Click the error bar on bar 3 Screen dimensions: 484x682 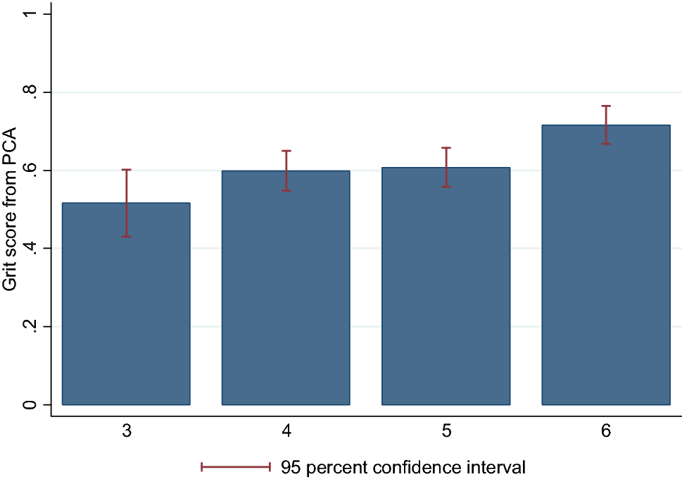click(x=127, y=202)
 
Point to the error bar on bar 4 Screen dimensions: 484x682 click(x=286, y=170)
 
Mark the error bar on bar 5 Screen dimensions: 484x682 click(x=446, y=167)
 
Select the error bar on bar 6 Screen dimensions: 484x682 click(x=606, y=125)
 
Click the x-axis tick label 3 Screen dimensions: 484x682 click(x=127, y=431)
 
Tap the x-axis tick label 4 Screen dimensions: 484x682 click(x=286, y=431)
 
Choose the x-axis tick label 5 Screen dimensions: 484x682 click(x=446, y=431)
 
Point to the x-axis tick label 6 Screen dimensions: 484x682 click(x=606, y=431)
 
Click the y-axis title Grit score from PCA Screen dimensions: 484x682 click(x=11, y=209)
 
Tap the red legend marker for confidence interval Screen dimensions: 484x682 click(x=236, y=466)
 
